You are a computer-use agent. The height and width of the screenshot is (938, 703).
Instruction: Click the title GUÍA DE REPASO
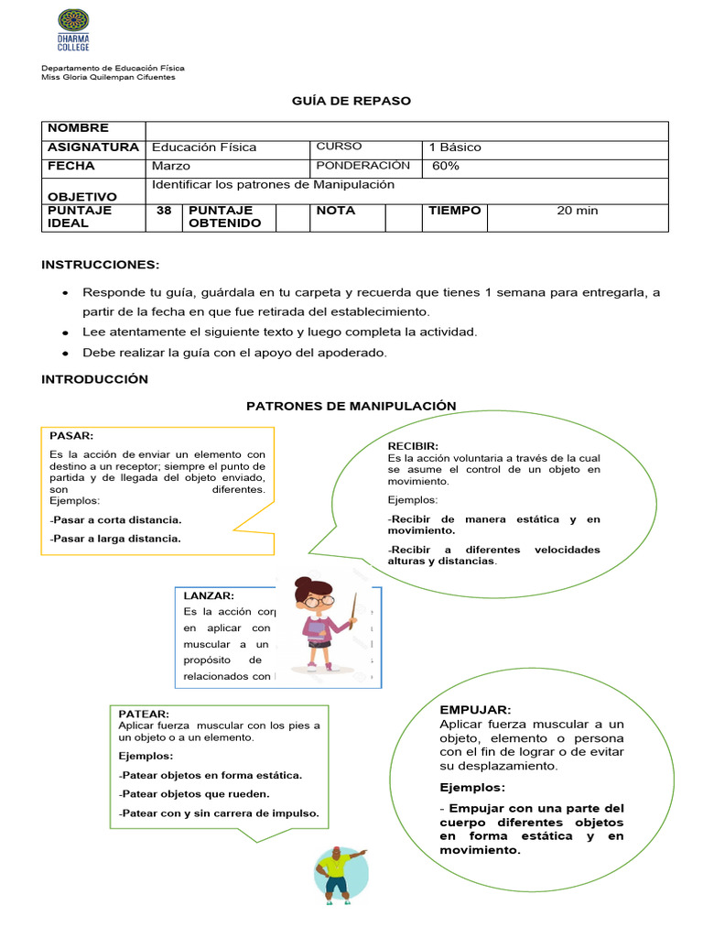pyautogui.click(x=351, y=101)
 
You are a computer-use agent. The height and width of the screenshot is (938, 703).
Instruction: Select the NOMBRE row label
pyautogui.click(x=78, y=128)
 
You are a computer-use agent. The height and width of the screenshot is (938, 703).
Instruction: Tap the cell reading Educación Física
pyautogui.click(x=204, y=147)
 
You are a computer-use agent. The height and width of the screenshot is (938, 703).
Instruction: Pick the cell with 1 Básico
pyautogui.click(x=454, y=147)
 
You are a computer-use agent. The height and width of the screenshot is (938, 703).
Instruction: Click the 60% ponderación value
pyautogui.click(x=446, y=166)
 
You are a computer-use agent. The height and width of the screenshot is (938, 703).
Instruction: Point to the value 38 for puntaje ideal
pyautogui.click(x=164, y=211)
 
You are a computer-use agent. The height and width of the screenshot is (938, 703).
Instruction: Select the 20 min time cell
pyautogui.click(x=577, y=211)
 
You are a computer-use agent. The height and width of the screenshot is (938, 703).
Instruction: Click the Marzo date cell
pyautogui.click(x=171, y=166)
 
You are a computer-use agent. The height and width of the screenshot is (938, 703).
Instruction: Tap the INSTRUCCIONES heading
pyautogui.click(x=100, y=265)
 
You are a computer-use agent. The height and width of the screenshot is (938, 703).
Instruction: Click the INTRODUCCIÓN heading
pyautogui.click(x=94, y=379)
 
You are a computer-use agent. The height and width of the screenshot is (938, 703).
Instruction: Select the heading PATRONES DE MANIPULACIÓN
pyautogui.click(x=351, y=405)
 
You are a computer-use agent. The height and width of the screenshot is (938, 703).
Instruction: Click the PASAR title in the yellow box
pyautogui.click(x=71, y=436)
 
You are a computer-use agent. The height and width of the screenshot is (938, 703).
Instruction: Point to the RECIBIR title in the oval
pyautogui.click(x=413, y=446)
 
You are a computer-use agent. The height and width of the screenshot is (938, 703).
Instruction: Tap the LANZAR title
pyautogui.click(x=209, y=595)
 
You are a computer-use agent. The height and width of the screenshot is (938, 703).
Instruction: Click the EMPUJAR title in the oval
pyautogui.click(x=475, y=710)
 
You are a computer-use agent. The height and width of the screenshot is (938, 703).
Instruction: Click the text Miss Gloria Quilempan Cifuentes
pyautogui.click(x=108, y=77)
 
